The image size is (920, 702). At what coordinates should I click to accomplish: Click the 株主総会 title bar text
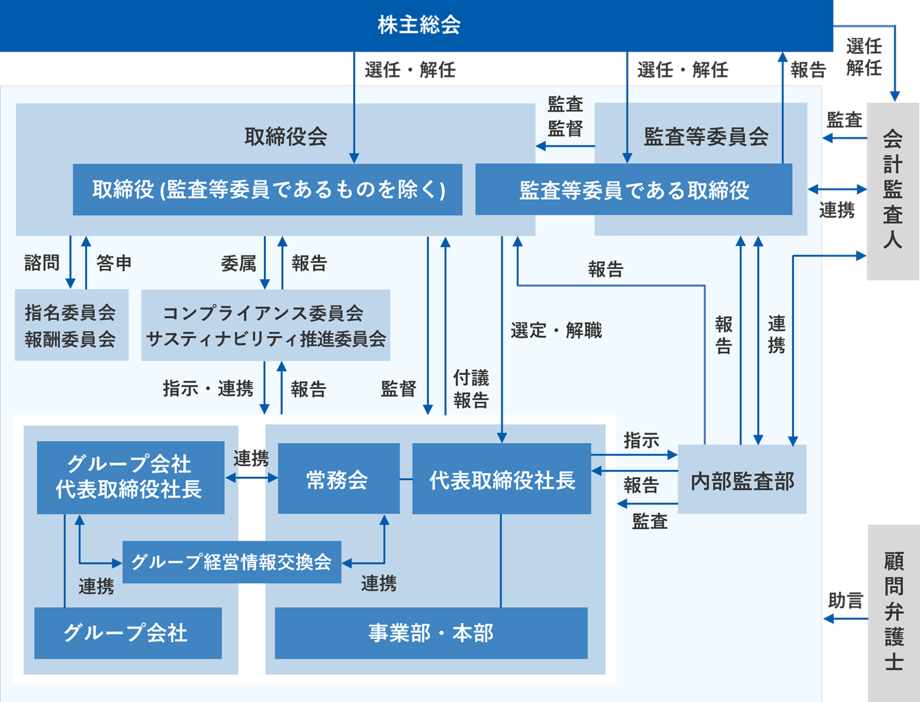pos(419,25)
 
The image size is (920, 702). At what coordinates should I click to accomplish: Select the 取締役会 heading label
pos(286,137)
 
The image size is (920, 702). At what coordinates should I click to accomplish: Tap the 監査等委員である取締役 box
pos(633,190)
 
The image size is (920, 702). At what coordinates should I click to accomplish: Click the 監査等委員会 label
pos(706,137)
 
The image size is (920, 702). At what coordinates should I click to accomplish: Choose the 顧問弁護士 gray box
pos(893,611)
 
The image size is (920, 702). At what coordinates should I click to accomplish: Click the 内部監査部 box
pos(742,480)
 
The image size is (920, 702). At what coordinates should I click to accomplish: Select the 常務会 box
pos(338,479)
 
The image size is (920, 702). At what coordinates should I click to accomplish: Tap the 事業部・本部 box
pos(430,633)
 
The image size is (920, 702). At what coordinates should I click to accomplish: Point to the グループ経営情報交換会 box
pos(231,562)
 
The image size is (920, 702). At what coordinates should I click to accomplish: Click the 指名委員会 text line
pos(71,313)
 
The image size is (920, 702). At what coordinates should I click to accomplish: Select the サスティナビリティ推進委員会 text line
pos(266,339)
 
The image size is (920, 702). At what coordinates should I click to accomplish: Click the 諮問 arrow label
pos(42,262)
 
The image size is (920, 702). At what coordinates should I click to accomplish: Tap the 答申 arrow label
pos(114,262)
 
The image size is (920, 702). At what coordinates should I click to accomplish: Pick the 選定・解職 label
pos(556,331)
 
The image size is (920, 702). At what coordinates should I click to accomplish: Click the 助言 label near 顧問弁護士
pos(845,600)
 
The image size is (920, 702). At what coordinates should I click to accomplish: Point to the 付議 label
pos(471,378)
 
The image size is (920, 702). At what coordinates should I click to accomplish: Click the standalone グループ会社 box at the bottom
pos(128,633)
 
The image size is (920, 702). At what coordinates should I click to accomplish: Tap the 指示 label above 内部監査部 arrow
pos(641,440)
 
